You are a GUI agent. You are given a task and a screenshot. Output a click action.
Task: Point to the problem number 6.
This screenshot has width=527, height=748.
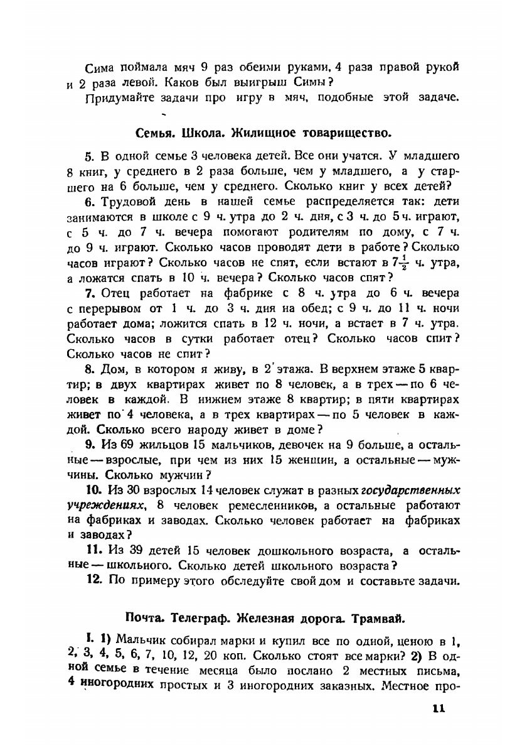click(88, 202)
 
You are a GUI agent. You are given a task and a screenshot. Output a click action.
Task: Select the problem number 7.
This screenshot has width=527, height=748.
click(88, 293)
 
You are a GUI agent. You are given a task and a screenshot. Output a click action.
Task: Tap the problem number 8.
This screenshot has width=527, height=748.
click(88, 370)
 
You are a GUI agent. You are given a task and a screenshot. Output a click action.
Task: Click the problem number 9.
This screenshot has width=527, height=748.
click(88, 446)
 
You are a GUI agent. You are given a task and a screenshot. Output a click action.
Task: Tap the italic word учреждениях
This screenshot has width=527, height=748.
click(107, 506)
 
